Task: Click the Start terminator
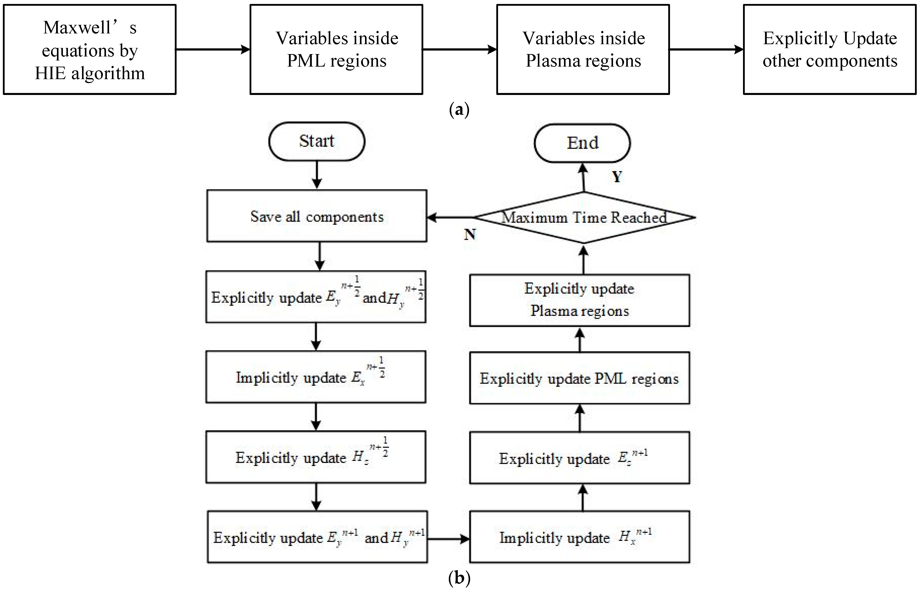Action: point(316,141)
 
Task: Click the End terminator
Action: point(582,143)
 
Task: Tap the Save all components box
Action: point(316,216)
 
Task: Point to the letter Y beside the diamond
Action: point(617,177)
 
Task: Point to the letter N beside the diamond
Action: point(470,234)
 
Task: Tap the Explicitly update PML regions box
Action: point(579,378)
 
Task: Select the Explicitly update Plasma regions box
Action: point(579,300)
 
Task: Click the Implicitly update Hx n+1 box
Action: point(579,537)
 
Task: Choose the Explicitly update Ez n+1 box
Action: point(579,458)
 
